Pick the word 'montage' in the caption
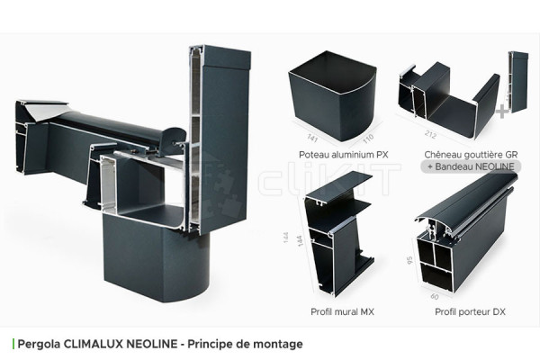coord(276,344)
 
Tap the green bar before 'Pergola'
coord(13,344)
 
